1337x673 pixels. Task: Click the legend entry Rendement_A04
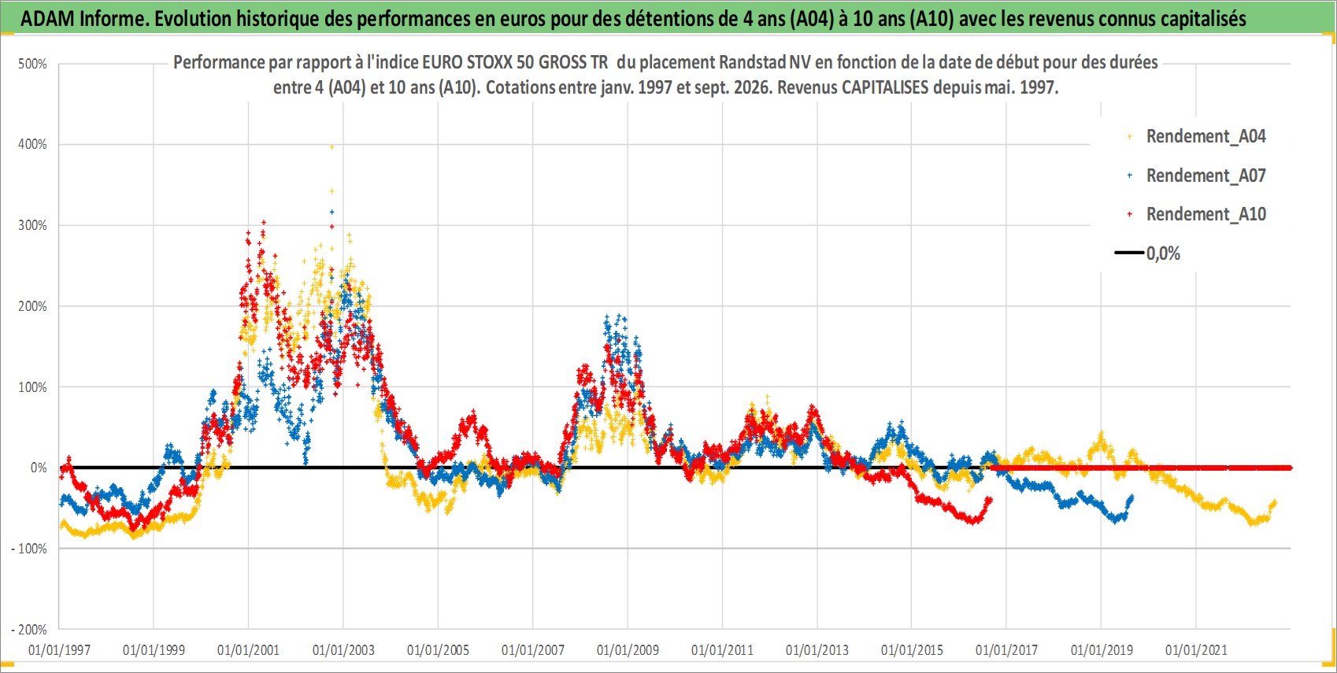coord(1206,137)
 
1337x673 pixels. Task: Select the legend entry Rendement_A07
coord(1206,176)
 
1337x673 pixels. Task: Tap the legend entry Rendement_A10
coord(1206,214)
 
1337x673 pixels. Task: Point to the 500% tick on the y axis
coord(32,64)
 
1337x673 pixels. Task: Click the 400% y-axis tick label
coord(32,144)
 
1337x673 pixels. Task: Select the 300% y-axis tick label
coord(32,226)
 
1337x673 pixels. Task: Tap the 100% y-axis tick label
coord(32,387)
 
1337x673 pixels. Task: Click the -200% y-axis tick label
coord(28,630)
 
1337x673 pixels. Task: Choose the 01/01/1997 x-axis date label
coord(59,649)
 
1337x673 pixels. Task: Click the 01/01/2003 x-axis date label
coord(343,649)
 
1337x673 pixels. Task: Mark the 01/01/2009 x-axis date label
coord(628,649)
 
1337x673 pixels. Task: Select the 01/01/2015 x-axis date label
coord(912,649)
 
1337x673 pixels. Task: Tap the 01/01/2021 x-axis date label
coord(1196,649)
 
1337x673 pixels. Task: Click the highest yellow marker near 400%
coord(331,146)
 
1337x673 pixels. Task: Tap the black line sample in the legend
coord(1128,253)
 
